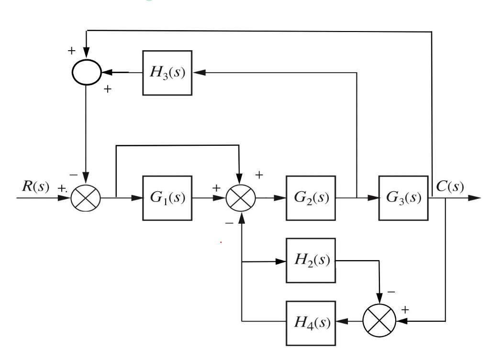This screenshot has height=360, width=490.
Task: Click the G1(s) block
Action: [167, 198]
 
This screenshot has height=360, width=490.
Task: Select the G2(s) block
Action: [311, 198]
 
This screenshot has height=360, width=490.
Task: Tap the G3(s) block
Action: [403, 198]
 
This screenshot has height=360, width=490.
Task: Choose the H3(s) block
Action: [167, 73]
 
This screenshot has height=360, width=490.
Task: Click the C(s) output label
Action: [450, 186]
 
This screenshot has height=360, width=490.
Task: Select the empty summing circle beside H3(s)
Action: [86, 73]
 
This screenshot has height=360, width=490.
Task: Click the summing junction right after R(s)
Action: [84, 198]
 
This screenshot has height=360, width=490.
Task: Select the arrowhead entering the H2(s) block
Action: [281, 262]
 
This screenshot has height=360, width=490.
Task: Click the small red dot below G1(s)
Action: [221, 242]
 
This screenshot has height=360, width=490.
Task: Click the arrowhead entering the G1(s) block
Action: [137, 198]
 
